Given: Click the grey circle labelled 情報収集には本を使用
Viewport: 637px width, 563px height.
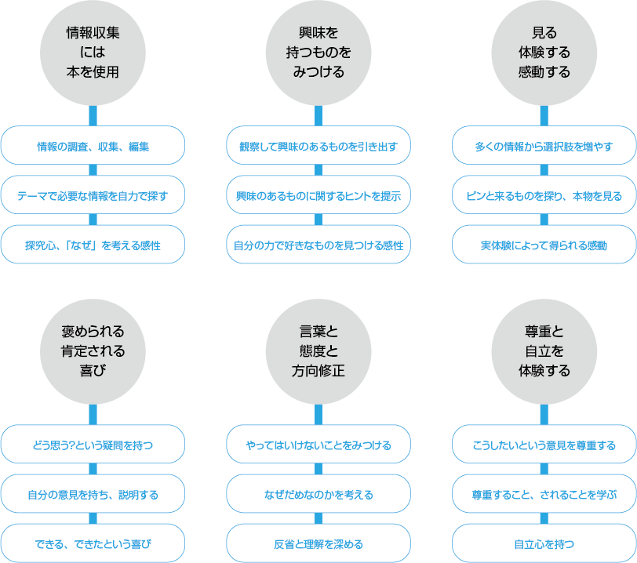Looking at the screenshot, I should tap(93, 53).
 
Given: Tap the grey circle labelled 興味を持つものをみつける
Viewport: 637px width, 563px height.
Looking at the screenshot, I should tap(318, 53).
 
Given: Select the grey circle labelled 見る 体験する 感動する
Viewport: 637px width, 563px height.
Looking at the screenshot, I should tap(544, 53).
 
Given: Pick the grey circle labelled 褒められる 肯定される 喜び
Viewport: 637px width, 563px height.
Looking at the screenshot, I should tap(93, 351).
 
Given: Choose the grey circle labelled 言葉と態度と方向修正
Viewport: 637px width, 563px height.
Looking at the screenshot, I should tap(318, 351).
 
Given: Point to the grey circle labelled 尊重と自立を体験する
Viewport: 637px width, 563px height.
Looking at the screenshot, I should tap(544, 351).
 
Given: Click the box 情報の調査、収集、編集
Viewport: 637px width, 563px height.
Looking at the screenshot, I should tap(93, 146).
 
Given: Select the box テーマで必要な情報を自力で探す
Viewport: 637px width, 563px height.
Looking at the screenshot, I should tap(93, 195).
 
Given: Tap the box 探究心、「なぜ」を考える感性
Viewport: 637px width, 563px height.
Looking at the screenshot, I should tap(93, 245).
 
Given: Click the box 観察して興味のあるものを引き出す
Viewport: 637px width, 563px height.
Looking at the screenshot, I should tap(318, 146).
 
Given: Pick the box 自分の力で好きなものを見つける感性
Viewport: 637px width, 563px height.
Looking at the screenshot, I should tap(318, 245).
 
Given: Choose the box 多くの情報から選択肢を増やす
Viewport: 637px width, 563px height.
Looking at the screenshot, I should tap(544, 146).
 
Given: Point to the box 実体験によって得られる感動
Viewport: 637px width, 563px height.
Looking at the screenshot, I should tap(544, 245).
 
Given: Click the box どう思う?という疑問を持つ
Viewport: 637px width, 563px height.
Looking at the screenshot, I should tap(93, 445).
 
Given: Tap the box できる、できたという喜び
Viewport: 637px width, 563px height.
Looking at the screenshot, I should tap(93, 543).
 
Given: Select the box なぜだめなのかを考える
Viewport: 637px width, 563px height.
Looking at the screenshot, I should tap(318, 494).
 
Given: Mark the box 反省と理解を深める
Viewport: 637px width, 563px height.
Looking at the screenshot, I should tap(318, 543).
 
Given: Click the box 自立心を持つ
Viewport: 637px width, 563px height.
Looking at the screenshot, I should tap(544, 543).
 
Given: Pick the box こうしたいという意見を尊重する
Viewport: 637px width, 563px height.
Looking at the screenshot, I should tap(544, 445).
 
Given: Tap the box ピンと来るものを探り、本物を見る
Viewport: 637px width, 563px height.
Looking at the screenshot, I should tap(544, 195).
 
